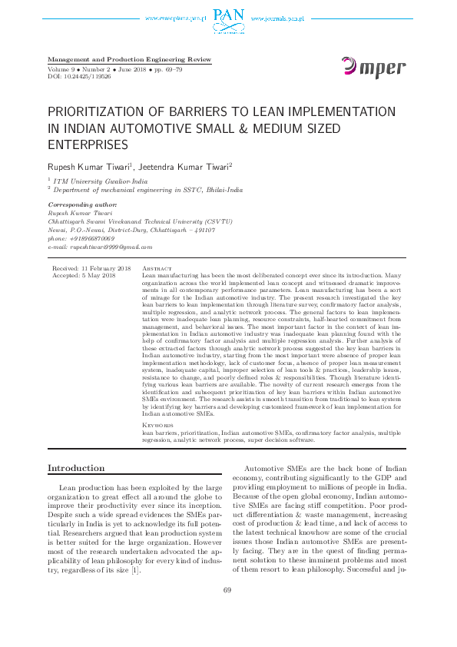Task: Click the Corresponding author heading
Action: coord(82,204)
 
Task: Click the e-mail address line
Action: coord(100,247)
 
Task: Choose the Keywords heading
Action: coord(158,425)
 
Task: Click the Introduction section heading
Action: coord(76,468)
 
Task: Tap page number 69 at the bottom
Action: coord(227,612)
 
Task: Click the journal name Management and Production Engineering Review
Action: coord(129,60)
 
